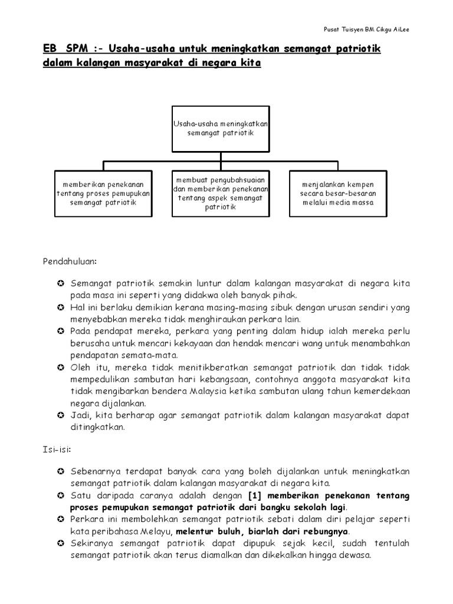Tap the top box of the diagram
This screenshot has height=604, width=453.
click(x=221, y=129)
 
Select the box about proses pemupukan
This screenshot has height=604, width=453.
click(x=104, y=193)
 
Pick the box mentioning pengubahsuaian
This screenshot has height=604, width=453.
click(x=221, y=193)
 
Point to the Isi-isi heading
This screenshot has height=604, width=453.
click(x=57, y=449)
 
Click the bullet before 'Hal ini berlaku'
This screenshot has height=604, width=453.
click(x=61, y=308)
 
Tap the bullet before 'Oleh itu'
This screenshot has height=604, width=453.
click(x=61, y=368)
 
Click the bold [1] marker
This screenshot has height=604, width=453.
click(x=255, y=496)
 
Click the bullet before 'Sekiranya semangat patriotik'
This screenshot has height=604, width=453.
click(x=61, y=544)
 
